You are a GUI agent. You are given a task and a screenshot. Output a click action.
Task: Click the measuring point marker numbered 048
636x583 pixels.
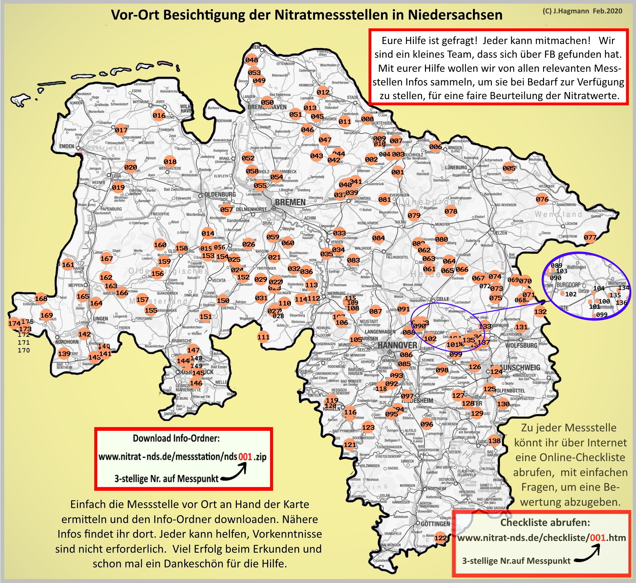pos(251,60)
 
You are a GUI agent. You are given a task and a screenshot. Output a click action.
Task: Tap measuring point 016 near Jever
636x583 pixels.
pos(159,115)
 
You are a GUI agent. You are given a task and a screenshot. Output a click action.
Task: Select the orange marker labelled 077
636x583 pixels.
pos(590,237)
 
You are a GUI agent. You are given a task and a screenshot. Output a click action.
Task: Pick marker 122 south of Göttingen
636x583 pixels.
pos(441,538)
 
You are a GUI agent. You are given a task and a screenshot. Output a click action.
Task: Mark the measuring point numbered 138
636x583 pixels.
pos(494,441)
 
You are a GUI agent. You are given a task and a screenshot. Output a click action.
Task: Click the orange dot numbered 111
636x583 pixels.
pos(263,337)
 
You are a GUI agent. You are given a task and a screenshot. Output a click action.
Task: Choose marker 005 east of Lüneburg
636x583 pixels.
pos(509,168)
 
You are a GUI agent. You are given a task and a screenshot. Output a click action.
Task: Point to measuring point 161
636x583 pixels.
pos(68,265)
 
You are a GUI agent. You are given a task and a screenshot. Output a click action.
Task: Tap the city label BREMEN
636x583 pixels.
pos(290,202)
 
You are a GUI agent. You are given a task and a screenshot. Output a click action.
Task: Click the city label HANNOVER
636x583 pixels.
pos(397,345)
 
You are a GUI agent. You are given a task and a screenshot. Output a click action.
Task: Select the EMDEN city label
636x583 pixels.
pos(67,146)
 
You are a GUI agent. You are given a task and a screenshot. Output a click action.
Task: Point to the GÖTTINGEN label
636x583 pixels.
pos(435,524)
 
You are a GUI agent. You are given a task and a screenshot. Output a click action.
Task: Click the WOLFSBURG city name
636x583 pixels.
pos(521,345)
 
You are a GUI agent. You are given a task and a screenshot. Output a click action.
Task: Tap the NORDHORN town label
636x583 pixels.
pos(67,342)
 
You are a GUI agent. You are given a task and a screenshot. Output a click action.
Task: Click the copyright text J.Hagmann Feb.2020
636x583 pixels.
pos(582,11)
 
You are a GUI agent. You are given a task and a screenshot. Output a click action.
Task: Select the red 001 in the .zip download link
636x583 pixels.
pos(245,457)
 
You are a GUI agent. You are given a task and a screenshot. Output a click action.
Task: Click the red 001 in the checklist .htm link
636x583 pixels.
pos(598,538)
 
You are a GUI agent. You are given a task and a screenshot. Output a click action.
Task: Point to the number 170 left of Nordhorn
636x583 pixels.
pos(23,351)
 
